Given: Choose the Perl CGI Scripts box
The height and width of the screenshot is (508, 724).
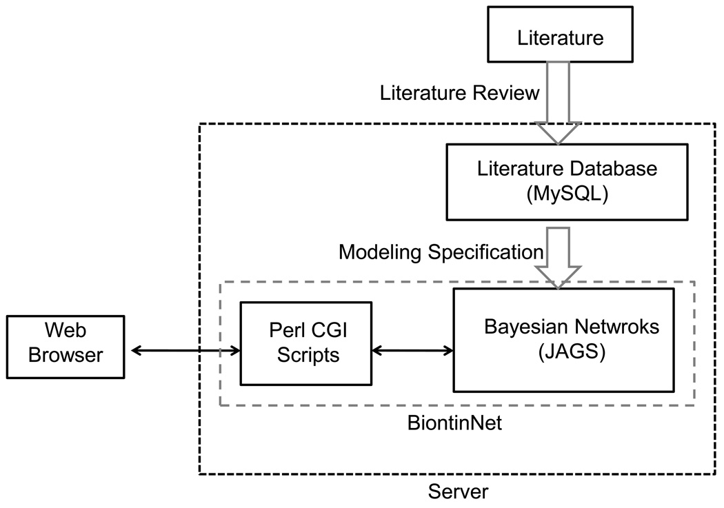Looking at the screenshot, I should click(305, 343).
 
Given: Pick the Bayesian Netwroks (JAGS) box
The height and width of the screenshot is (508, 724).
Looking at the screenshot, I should click(563, 340).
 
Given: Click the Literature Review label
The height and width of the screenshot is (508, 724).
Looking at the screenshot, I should click(460, 92).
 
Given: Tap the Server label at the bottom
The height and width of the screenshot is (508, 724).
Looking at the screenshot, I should click(459, 492).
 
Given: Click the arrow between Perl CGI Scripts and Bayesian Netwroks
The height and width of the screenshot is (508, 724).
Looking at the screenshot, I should click(412, 351).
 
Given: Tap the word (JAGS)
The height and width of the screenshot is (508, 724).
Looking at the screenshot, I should click(562, 352).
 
